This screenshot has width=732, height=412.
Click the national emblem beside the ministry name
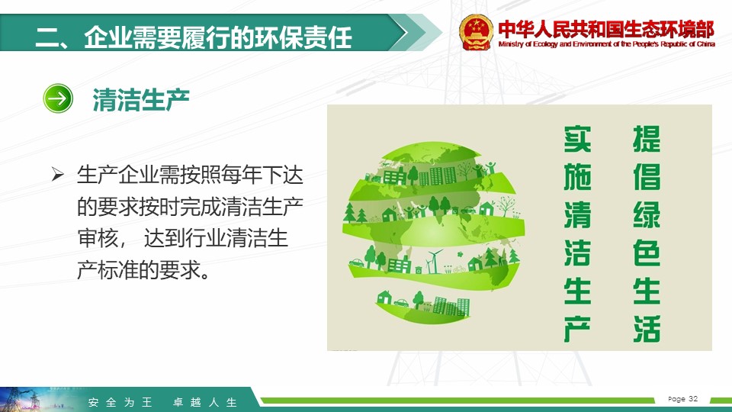(476, 32)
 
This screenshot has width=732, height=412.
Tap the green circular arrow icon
(58, 98)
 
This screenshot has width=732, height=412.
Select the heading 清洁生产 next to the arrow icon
(140, 99)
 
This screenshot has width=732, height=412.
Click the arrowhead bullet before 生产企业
(58, 174)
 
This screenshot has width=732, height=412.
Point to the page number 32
(693, 398)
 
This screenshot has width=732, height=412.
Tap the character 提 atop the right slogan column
(647, 139)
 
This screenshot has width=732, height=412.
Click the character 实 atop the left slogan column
(577, 139)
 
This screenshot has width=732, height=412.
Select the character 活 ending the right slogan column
(647, 328)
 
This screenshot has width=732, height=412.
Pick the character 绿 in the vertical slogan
(647, 215)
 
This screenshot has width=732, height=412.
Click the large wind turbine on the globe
(434, 261)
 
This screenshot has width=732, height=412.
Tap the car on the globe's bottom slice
(401, 303)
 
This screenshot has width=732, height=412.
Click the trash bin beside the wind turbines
(419, 269)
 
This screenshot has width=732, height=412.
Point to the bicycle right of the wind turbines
(459, 269)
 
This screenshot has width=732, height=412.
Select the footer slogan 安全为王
(120, 402)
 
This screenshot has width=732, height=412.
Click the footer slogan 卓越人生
(205, 402)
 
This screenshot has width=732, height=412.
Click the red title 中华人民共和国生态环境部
(606, 30)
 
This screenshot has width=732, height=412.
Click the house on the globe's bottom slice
(384, 297)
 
